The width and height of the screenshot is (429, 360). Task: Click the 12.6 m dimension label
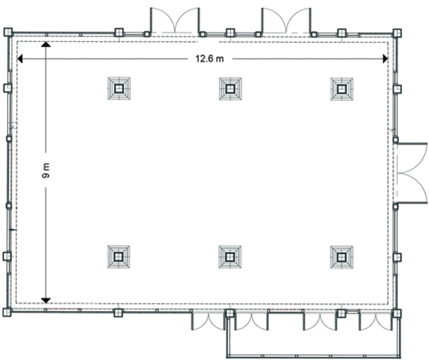click(x=210, y=59)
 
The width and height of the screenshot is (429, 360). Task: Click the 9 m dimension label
click(x=46, y=171)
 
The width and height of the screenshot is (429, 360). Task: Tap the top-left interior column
click(x=119, y=88)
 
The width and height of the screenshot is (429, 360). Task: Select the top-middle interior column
click(x=230, y=89)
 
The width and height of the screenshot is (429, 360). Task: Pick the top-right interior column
click(x=342, y=89)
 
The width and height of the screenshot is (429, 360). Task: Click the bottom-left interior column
click(x=118, y=257)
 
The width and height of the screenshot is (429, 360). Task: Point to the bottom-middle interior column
click(x=230, y=257)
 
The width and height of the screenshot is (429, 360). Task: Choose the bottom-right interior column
click(x=341, y=257)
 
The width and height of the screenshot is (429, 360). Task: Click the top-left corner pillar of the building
click(x=8, y=32)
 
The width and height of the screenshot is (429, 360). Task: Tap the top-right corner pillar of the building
click(x=397, y=33)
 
